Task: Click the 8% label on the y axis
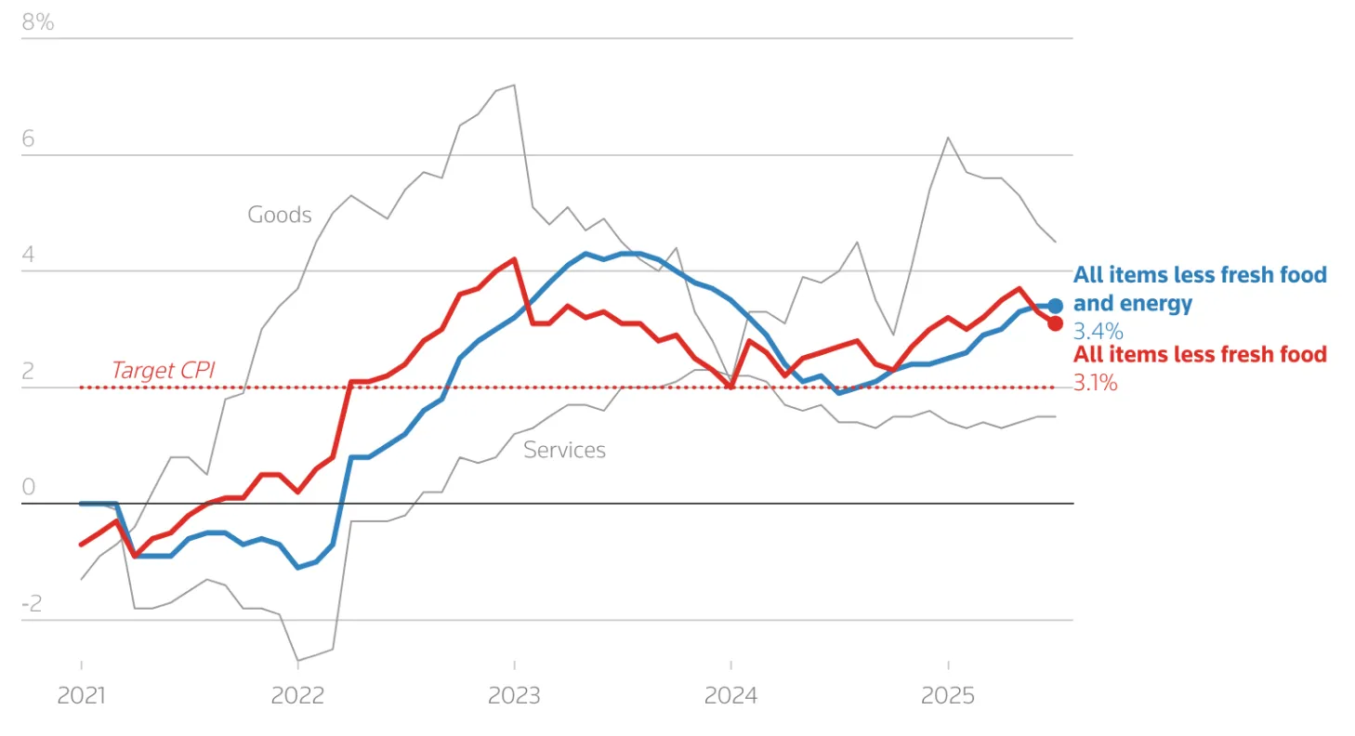click(37, 22)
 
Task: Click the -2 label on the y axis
click(33, 603)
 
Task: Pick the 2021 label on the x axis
click(82, 695)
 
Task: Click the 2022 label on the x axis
click(297, 695)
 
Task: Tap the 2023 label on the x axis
click(515, 695)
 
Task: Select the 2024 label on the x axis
click(731, 695)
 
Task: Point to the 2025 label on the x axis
click(948, 695)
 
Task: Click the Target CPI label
click(163, 370)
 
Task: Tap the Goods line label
click(280, 215)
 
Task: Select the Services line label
click(564, 450)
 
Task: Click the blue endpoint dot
click(1055, 306)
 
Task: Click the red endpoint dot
click(1055, 323)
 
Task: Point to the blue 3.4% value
click(1098, 331)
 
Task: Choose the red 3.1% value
click(1096, 381)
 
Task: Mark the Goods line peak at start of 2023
click(514, 85)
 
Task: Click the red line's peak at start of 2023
click(514, 259)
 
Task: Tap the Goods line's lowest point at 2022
click(297, 661)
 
